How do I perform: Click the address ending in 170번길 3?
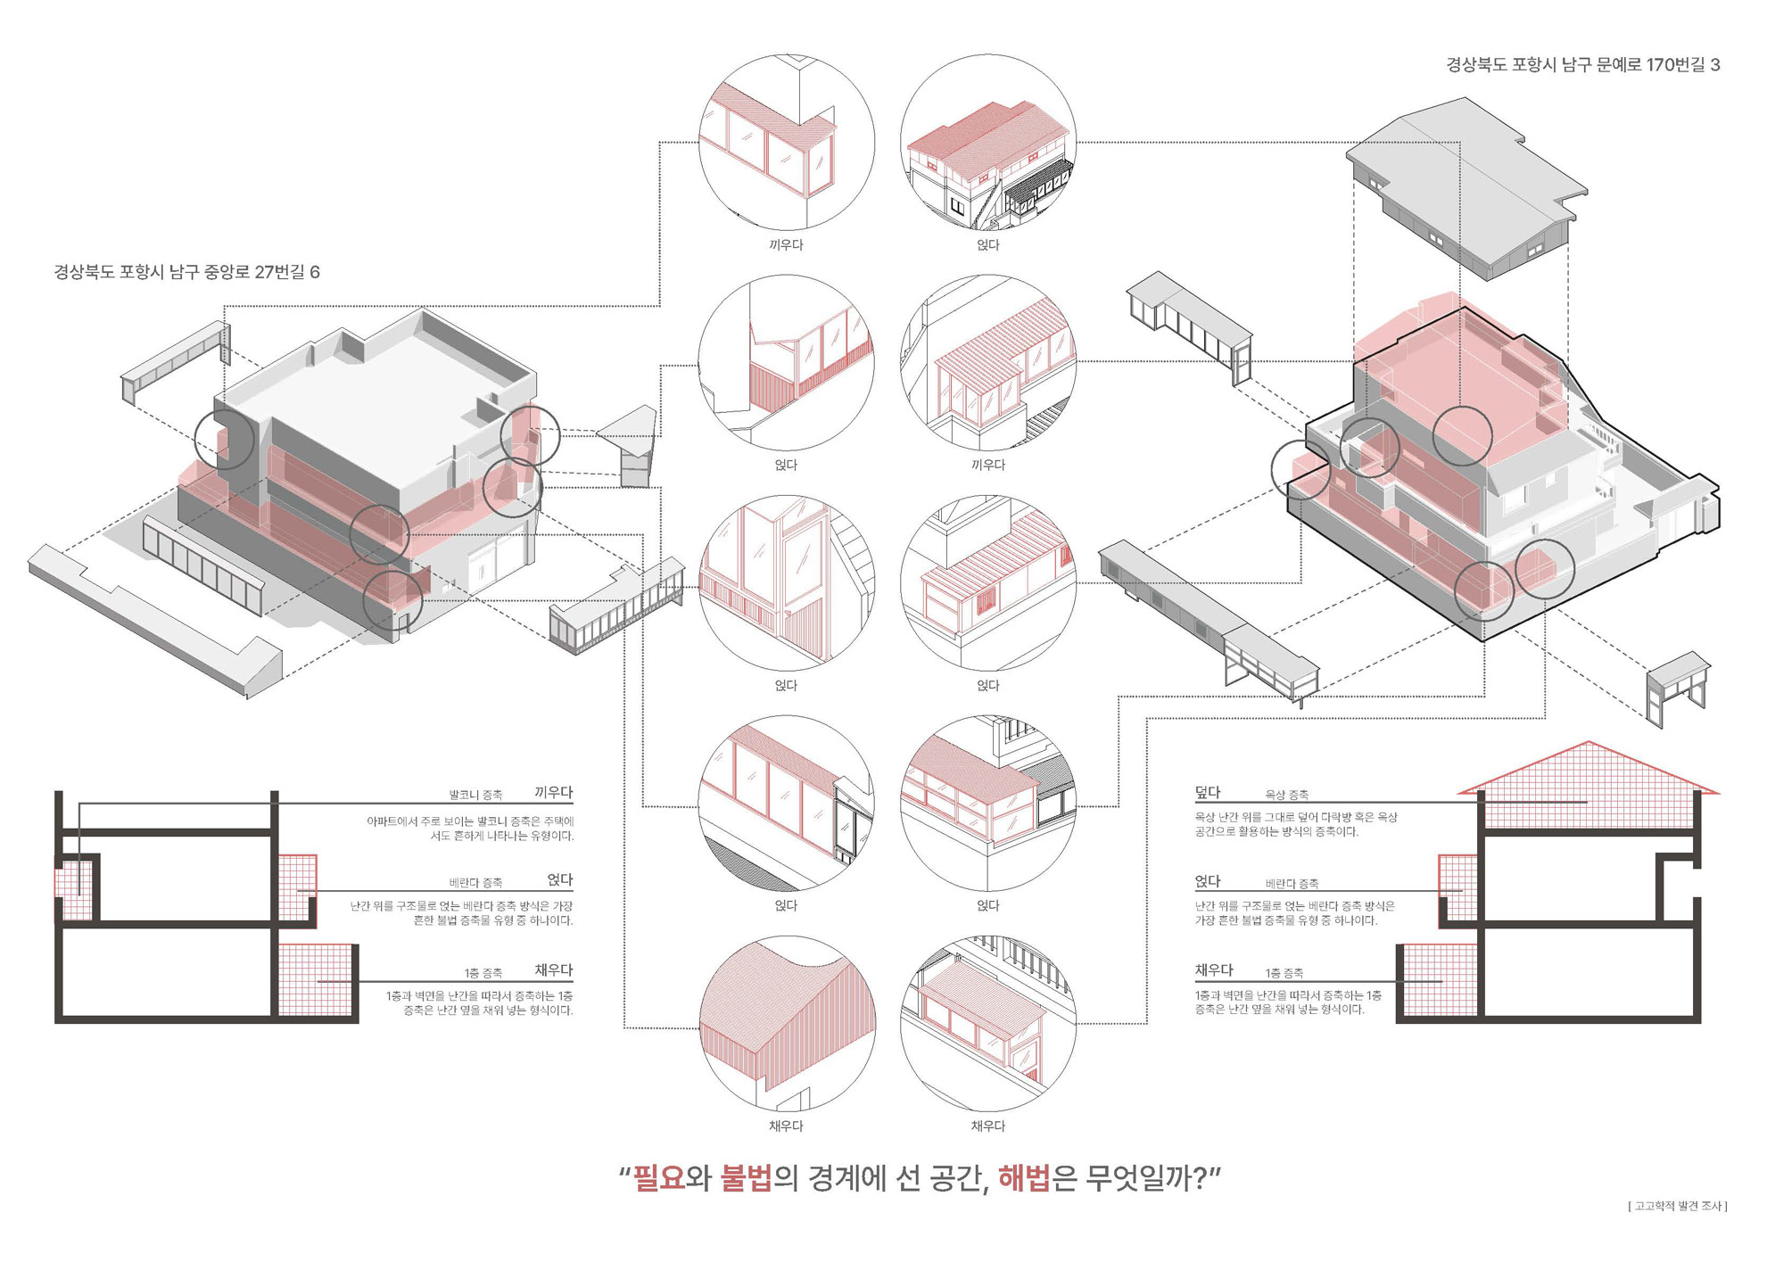click(x=1582, y=64)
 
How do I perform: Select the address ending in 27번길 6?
click(x=186, y=272)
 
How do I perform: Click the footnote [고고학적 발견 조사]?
click(x=1677, y=1206)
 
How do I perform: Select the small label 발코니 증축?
click(x=475, y=795)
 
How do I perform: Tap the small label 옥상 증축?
click(x=1287, y=795)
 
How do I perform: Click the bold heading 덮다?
click(x=1208, y=792)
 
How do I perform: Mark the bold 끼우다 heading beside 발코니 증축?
click(x=554, y=792)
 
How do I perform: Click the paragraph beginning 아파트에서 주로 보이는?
click(x=470, y=829)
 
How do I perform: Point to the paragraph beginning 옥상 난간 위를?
click(x=1296, y=824)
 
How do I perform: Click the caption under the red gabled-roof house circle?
click(x=987, y=244)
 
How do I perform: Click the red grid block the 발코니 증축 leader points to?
click(x=76, y=888)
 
